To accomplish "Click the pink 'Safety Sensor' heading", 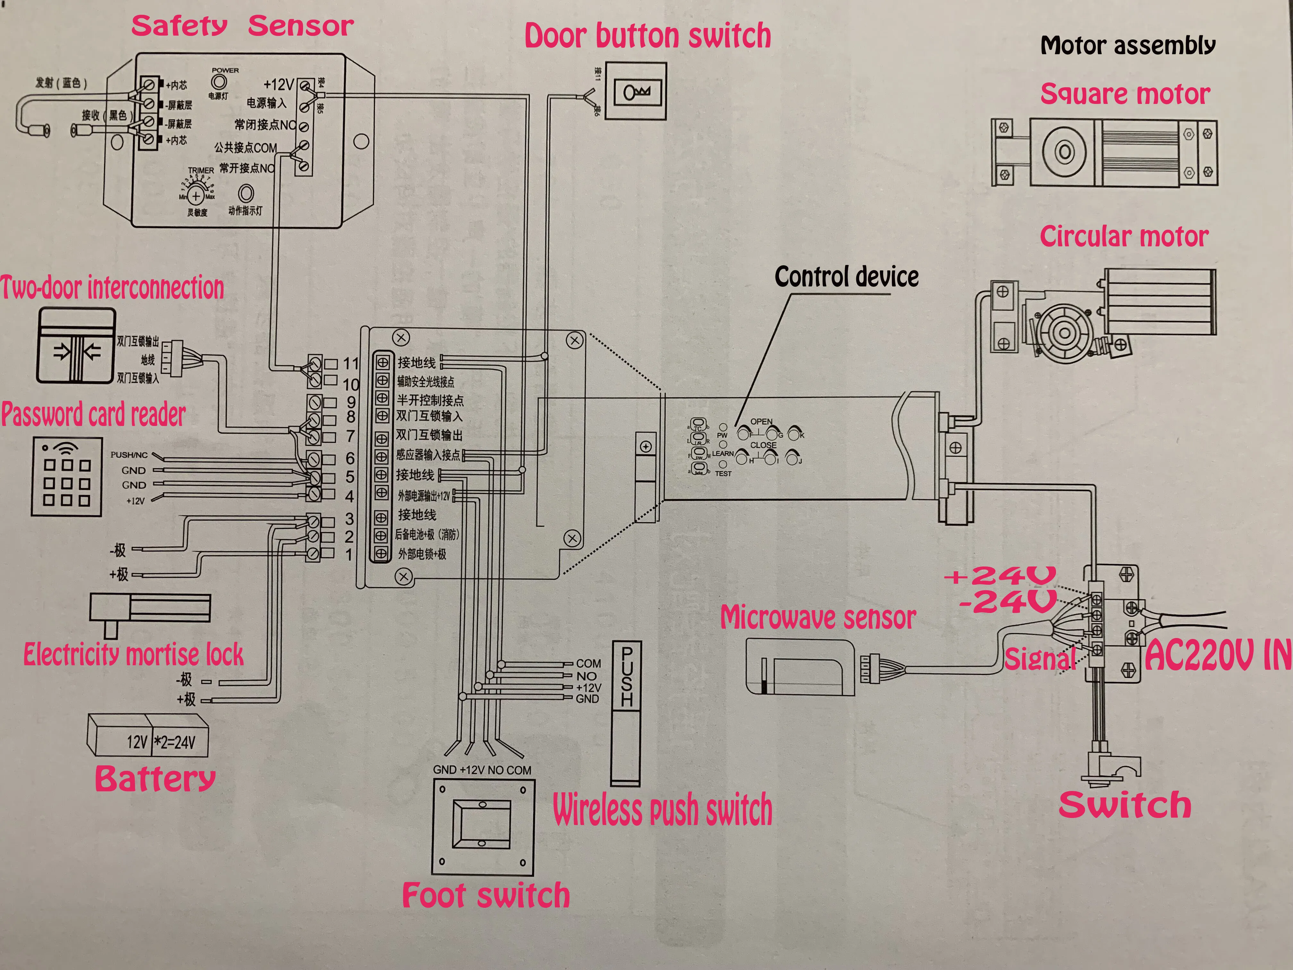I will pyautogui.click(x=242, y=26).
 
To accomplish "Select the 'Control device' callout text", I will pyautogui.click(x=846, y=277).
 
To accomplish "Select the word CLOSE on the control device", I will pyautogui.click(x=763, y=445).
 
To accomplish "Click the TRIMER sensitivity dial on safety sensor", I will pyautogui.click(x=196, y=196).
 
